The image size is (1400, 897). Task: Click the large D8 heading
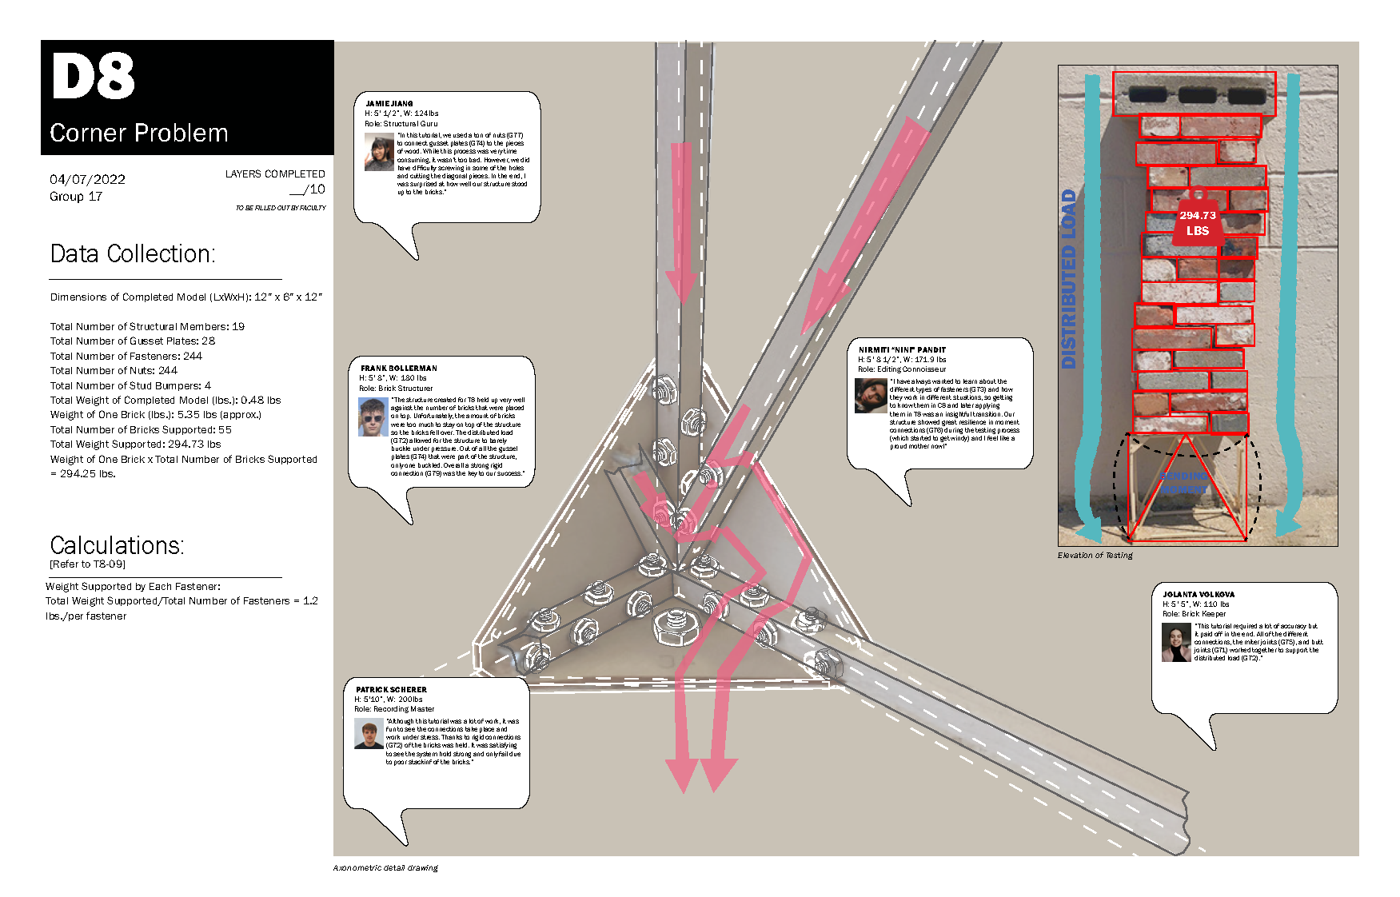click(93, 77)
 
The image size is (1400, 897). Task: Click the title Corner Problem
click(138, 133)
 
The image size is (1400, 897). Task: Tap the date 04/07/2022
click(87, 179)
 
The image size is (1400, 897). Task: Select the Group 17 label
click(76, 197)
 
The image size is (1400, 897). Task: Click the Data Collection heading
click(133, 253)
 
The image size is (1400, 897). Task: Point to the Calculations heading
click(117, 545)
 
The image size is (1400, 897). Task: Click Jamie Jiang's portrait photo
click(379, 152)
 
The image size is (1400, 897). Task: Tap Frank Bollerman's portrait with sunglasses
click(373, 417)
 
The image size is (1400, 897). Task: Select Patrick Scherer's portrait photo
click(369, 733)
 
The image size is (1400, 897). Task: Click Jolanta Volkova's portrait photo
click(1176, 642)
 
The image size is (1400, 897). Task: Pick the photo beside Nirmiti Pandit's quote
click(871, 395)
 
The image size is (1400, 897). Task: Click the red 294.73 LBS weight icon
click(1197, 219)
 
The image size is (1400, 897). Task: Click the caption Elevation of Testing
click(1095, 555)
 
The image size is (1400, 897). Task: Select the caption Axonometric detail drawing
click(385, 867)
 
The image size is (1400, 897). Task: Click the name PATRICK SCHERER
click(391, 689)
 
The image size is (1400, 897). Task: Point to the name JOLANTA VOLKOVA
click(1198, 594)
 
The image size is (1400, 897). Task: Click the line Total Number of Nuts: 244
click(114, 370)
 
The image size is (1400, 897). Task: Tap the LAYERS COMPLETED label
click(275, 173)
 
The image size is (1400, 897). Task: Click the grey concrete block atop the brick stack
click(1194, 94)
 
